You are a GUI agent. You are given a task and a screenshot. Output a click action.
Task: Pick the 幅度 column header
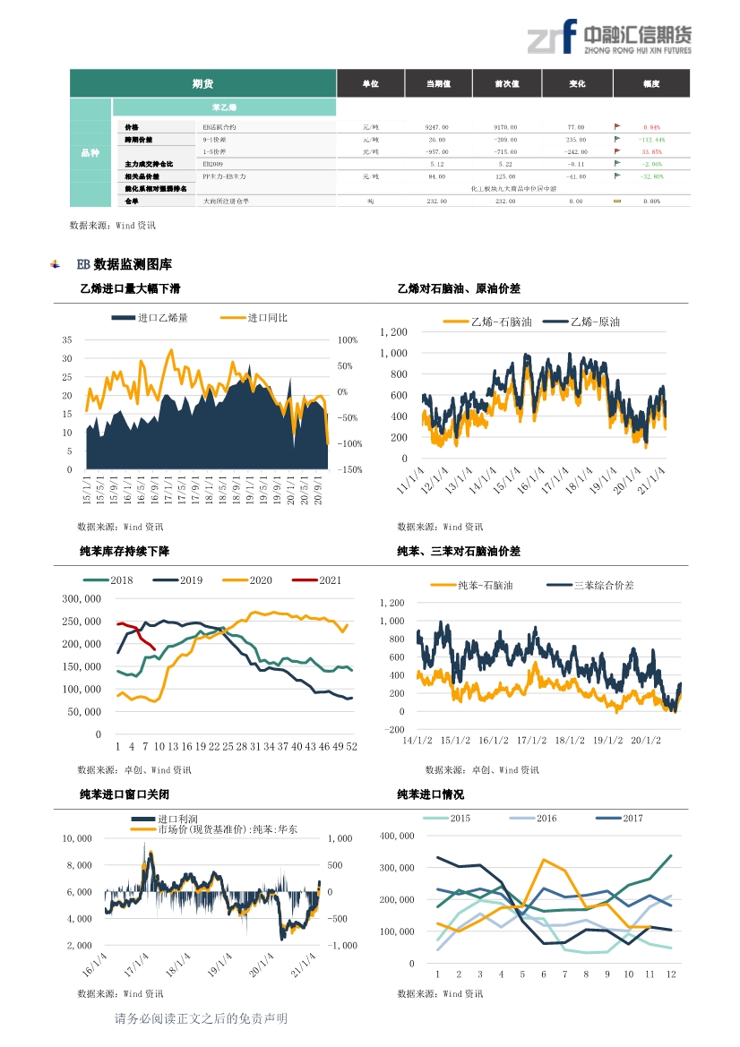click(651, 83)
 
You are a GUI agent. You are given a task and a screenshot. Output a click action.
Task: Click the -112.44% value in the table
click(651, 140)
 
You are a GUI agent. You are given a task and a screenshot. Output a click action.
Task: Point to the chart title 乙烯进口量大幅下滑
click(131, 289)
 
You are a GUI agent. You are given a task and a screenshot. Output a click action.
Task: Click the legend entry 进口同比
click(267, 318)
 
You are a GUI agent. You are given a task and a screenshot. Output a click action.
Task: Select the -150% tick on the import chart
click(349, 469)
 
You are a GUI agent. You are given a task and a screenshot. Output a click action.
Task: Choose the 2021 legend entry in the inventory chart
click(330, 580)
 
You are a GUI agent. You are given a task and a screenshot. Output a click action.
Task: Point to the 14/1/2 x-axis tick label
click(417, 740)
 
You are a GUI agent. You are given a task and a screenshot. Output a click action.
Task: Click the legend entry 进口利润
click(176, 819)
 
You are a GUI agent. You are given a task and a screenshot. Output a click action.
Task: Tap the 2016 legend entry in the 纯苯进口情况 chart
click(546, 818)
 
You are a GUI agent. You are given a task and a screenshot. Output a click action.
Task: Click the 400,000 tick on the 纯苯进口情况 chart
click(398, 836)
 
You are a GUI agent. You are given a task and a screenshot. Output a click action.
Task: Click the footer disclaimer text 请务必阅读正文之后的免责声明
click(202, 1018)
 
